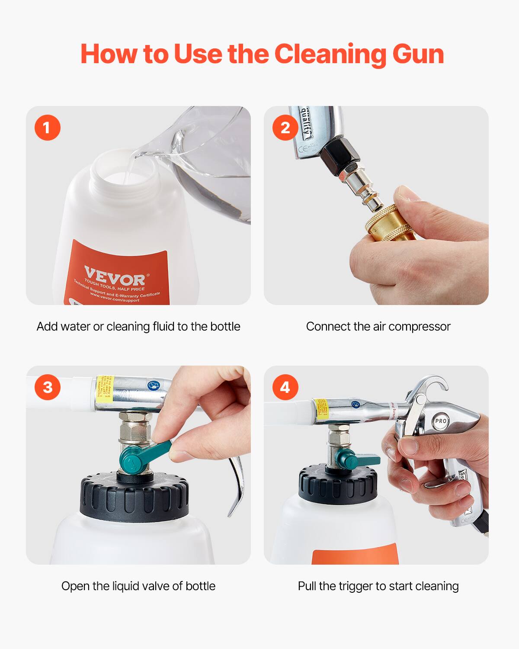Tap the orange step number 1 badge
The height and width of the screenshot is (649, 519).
pos(47,128)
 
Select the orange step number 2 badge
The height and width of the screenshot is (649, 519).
pos(285,128)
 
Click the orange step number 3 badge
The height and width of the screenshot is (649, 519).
pos(47,387)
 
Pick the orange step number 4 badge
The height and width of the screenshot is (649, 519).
pos(285,387)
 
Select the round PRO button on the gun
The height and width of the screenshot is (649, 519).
pos(440,421)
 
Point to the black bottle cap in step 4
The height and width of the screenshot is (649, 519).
pos(337,485)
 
